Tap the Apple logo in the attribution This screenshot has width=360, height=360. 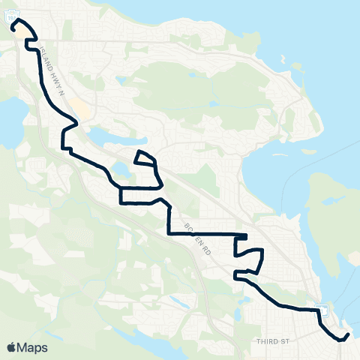pyautogui.click(x=13, y=347)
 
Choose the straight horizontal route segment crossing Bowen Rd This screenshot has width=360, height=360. pyautogui.click(x=202, y=233)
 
